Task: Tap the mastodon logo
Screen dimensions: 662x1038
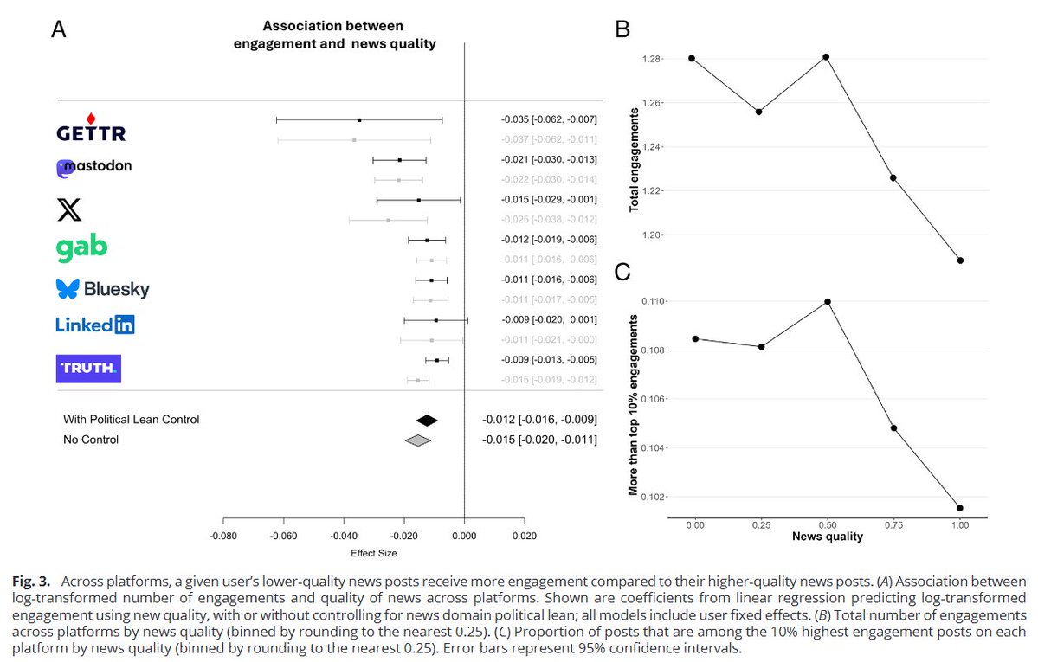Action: coord(94,167)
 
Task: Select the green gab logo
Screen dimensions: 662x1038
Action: coord(81,247)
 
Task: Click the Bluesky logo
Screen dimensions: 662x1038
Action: coord(102,289)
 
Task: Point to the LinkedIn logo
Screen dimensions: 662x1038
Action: coord(95,325)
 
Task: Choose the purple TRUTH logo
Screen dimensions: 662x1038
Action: coord(88,368)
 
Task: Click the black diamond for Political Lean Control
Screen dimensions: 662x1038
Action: coord(427,420)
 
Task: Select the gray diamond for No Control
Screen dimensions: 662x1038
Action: coord(418,440)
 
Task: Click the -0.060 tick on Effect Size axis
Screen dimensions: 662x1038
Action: coord(284,535)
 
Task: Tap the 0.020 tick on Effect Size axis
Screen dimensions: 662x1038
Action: coord(525,535)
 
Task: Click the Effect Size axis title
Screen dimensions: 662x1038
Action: coord(373,553)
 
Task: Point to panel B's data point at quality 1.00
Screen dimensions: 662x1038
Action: coord(961,260)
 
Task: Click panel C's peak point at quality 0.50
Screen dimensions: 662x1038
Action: coord(828,301)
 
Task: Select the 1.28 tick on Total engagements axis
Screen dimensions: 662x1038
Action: coord(650,59)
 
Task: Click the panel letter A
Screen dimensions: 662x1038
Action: coord(59,31)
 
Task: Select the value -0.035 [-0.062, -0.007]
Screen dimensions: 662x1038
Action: coord(549,119)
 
